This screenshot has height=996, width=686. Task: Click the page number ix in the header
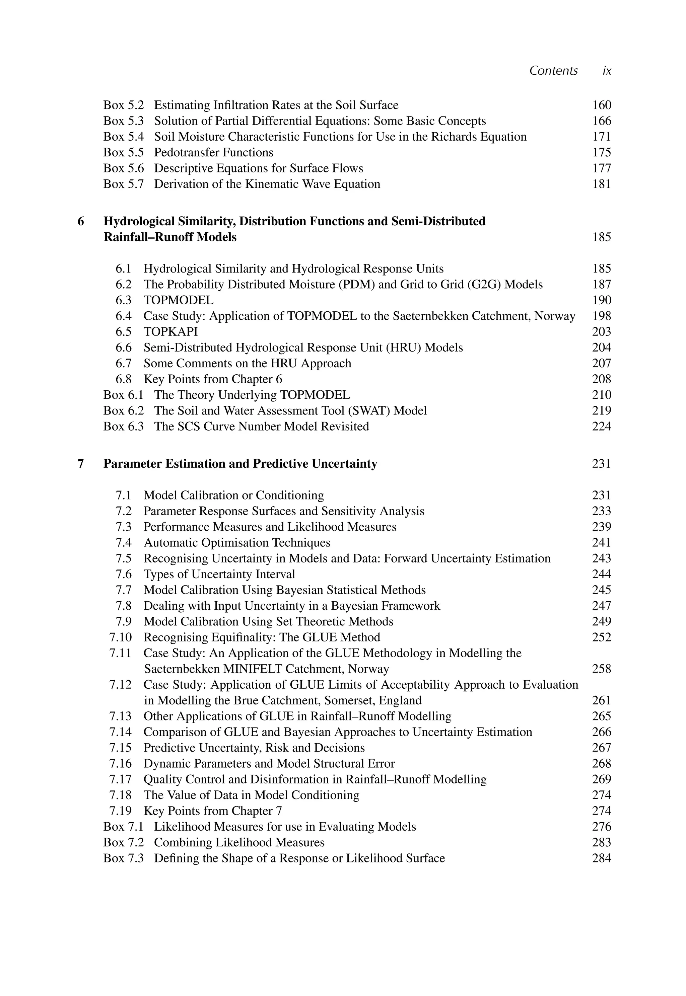click(607, 71)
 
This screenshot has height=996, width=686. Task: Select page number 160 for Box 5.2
click(601, 105)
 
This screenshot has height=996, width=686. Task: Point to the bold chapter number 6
click(81, 222)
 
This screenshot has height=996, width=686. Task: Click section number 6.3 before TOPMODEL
click(123, 300)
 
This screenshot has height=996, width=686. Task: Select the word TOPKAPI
click(170, 332)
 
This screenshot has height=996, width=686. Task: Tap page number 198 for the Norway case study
click(601, 316)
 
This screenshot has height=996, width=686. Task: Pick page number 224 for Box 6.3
click(601, 427)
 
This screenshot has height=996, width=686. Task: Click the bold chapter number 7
click(81, 464)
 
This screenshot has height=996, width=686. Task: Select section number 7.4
click(123, 543)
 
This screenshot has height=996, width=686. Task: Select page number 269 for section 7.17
click(601, 779)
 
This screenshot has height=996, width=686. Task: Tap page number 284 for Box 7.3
click(601, 858)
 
